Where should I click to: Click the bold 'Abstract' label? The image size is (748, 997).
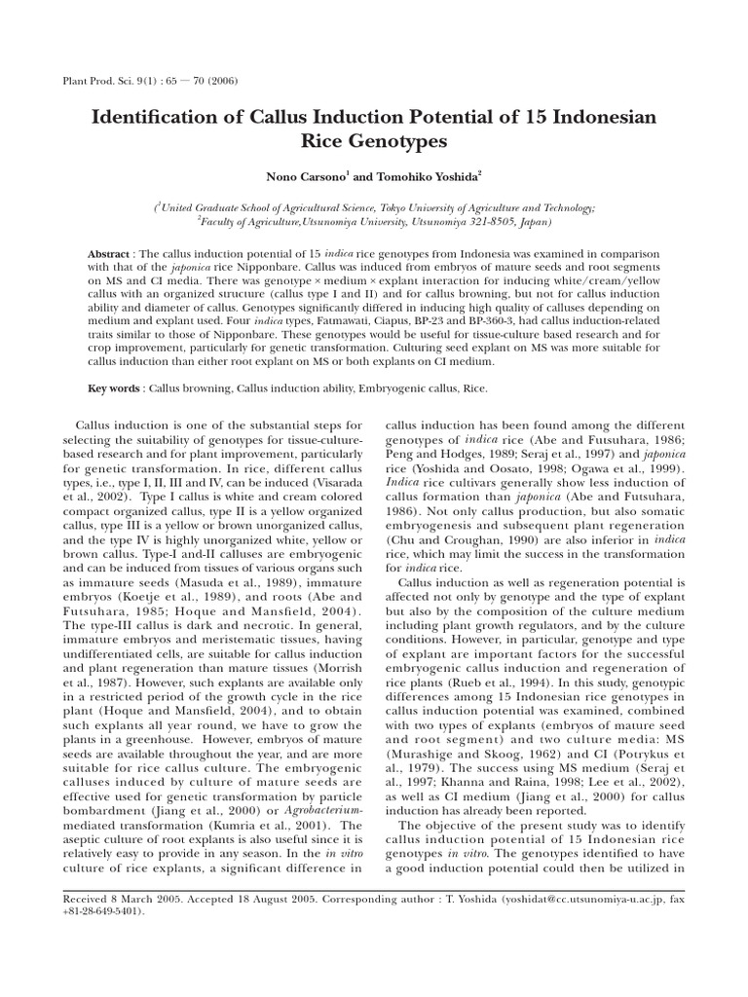point(107,252)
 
